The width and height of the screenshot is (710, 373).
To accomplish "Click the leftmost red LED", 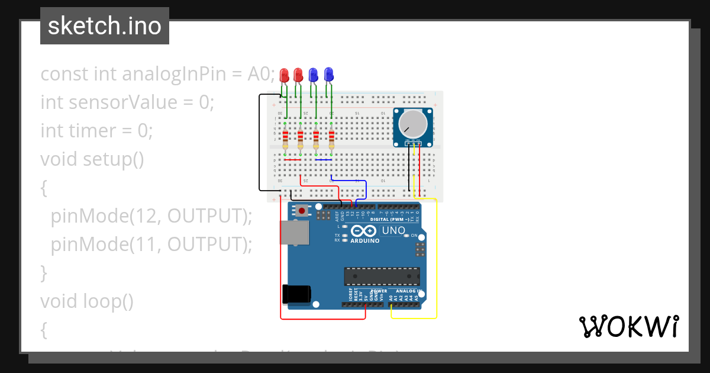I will click(x=284, y=75).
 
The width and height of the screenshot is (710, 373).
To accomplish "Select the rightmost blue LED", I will click(x=328, y=75).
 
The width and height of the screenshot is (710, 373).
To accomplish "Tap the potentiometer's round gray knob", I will click(x=412, y=123).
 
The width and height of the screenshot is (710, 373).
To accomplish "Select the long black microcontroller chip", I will click(x=382, y=276).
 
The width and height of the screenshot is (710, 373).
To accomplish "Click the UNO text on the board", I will click(x=393, y=230).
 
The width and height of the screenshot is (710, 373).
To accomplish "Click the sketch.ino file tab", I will click(x=105, y=26).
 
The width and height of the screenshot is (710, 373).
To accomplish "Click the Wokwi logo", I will click(x=628, y=326).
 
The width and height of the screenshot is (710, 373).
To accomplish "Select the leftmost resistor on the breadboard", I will click(x=285, y=139).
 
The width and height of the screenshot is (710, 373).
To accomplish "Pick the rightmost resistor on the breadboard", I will click(x=331, y=139).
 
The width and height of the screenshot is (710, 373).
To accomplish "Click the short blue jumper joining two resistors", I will click(x=324, y=160).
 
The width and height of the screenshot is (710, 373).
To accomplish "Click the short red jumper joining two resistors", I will click(x=293, y=160).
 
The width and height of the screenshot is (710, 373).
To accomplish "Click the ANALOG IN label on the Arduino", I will click(x=408, y=291).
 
